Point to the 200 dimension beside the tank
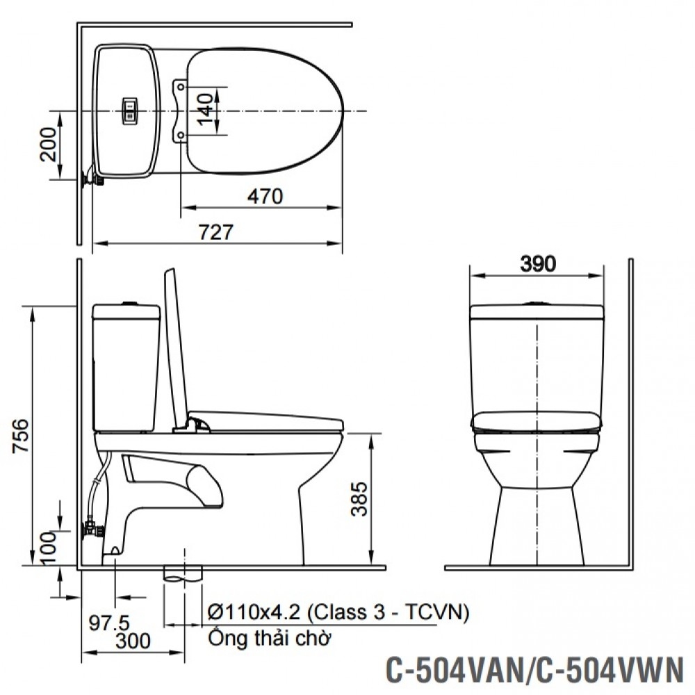49,145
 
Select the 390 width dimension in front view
537,263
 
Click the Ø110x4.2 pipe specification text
338,612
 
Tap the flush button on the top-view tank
130,111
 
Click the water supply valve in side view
91,530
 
